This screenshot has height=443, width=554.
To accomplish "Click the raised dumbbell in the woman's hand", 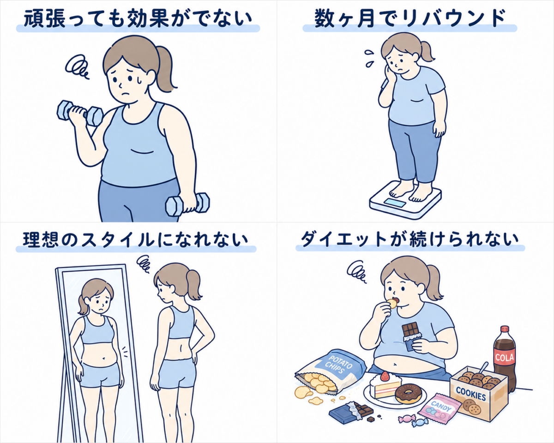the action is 80,114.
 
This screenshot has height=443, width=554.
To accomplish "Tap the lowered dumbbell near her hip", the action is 187,204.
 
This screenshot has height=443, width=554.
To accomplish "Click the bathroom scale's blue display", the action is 395,203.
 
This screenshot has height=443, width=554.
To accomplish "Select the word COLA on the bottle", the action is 504,357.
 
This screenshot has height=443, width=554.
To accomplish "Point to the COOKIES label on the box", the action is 471,393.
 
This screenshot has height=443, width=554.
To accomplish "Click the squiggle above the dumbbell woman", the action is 77,66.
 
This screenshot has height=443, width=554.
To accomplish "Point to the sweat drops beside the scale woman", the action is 369,58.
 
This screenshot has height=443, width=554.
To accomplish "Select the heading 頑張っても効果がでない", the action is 138,19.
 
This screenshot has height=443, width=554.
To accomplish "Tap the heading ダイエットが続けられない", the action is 410,239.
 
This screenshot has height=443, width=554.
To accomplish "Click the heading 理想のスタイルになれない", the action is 136,239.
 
